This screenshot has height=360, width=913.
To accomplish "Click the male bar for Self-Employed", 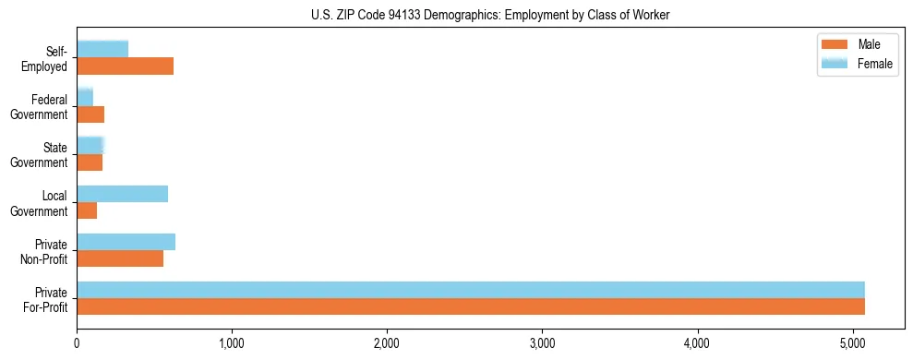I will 125,66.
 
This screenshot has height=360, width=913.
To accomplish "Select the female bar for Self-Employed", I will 102,49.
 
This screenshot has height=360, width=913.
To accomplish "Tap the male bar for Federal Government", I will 90,114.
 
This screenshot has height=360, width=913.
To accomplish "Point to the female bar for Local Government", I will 122,194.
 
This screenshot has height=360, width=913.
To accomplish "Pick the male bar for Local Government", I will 87,210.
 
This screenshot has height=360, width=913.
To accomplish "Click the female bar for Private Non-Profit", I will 126,242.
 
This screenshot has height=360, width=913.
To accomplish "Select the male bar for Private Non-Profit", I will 120,259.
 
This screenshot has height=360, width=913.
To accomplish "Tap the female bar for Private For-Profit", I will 471,290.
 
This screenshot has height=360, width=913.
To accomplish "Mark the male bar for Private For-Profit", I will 471,307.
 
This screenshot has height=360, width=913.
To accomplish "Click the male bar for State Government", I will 90,162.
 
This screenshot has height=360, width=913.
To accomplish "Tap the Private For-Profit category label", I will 45,298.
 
